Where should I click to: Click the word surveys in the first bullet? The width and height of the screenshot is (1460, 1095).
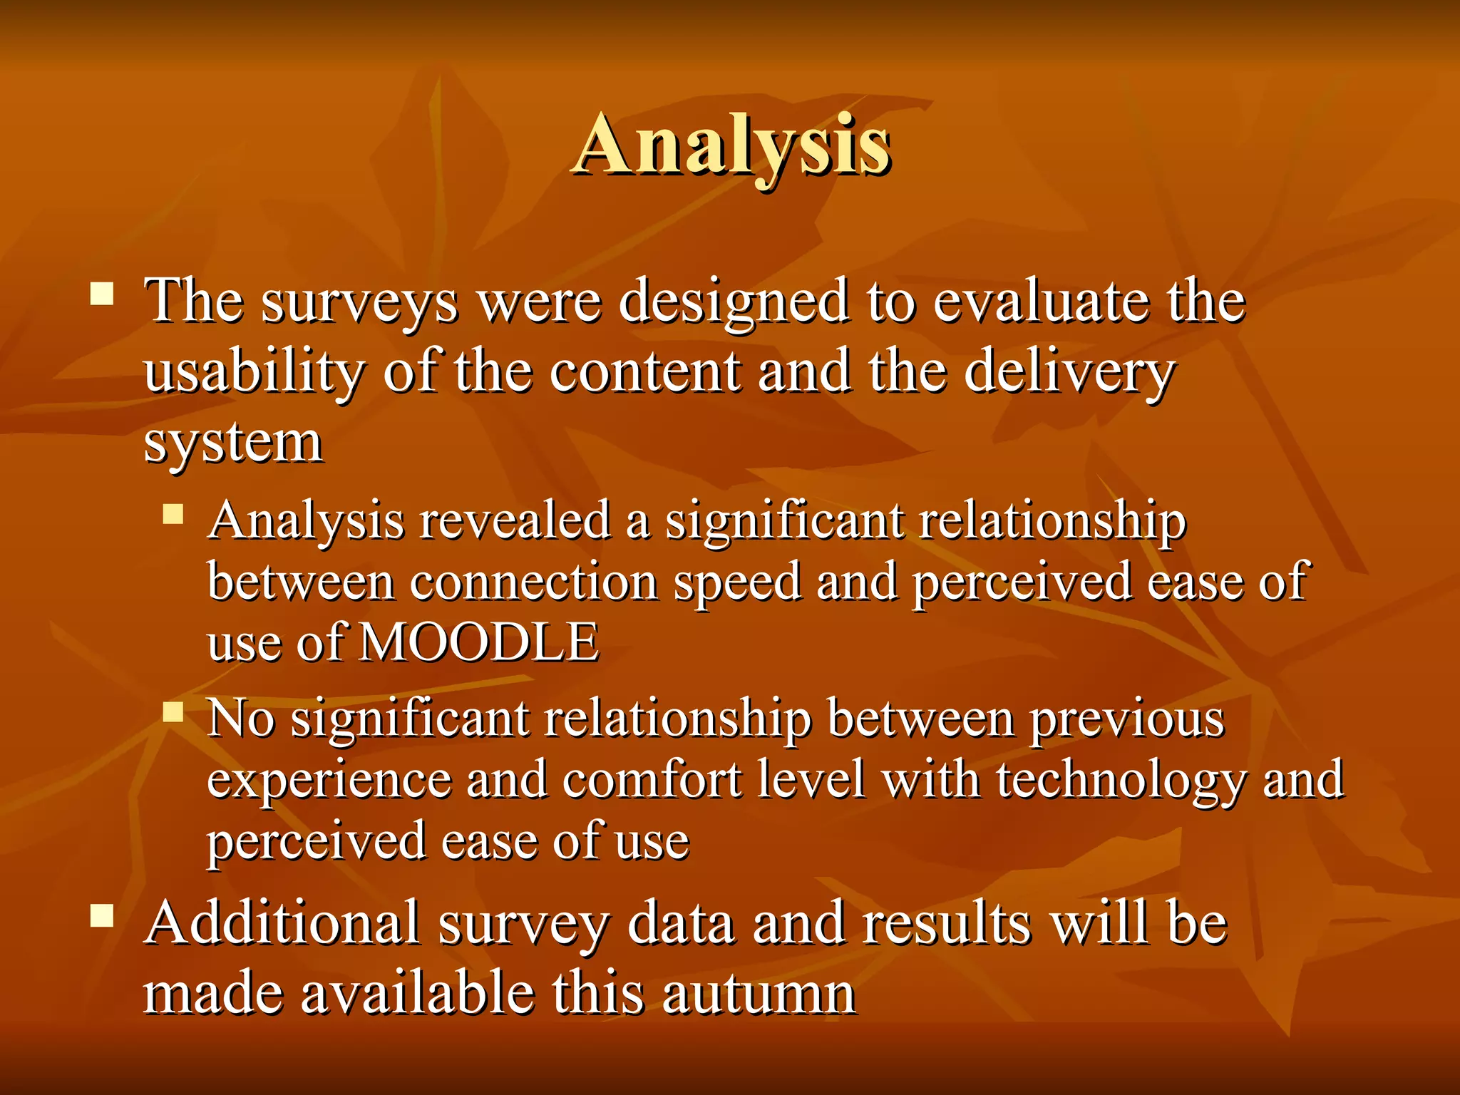pos(359,302)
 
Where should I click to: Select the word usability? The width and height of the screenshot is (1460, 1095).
pos(254,372)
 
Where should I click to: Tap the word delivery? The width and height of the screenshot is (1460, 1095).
pos(1069,372)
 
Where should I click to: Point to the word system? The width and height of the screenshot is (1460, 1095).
pos(233,443)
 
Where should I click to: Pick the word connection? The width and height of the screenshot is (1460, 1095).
pos(534,582)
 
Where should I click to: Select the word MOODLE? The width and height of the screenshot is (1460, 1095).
pos(479,642)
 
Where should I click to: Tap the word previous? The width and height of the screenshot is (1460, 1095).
pos(1127,719)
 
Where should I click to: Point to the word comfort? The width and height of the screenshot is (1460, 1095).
pos(652,779)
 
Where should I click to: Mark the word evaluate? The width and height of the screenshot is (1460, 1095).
pos(1040,302)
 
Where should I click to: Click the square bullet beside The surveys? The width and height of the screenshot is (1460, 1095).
pos(103,294)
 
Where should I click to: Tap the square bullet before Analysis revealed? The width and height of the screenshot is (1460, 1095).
pos(173,514)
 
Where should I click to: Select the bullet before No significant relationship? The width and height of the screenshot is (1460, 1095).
pos(173,711)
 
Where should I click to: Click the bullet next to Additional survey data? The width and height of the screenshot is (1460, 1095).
pos(103,915)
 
